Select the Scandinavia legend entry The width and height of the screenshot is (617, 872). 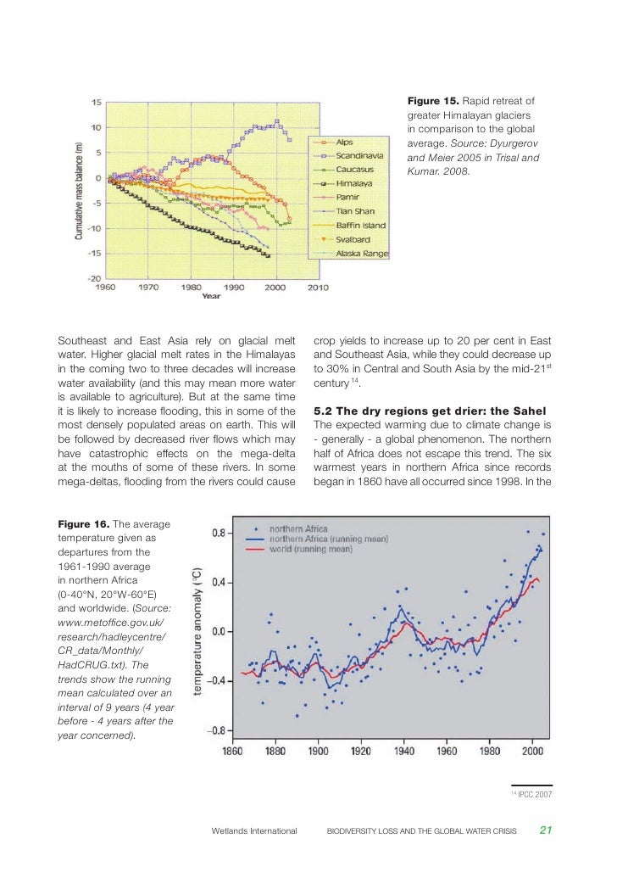(360, 155)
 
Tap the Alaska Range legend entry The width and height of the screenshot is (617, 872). (362, 254)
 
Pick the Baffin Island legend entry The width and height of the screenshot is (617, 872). (361, 226)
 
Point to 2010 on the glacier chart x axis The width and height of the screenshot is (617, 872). (317, 288)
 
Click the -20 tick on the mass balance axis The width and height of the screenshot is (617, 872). (97, 278)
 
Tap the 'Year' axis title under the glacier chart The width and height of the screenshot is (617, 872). (212, 296)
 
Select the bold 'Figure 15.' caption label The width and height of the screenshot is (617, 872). (435, 103)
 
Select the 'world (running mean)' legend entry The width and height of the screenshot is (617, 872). (310, 549)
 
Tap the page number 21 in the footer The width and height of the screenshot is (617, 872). (547, 830)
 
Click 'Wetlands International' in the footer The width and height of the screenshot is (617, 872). (253, 831)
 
